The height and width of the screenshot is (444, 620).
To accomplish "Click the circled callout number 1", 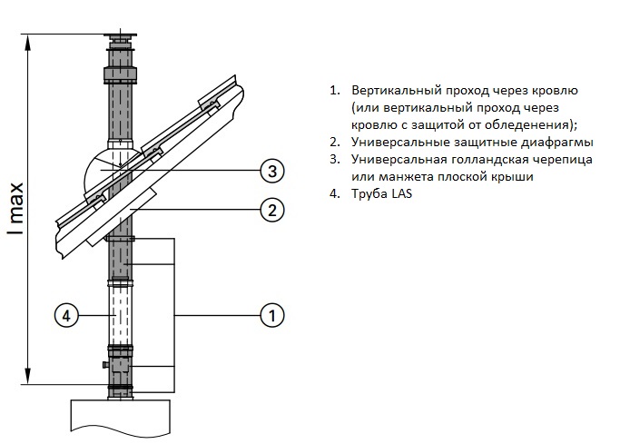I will pyautogui.click(x=271, y=315).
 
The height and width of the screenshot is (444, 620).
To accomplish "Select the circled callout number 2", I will pyautogui.click(x=271, y=211).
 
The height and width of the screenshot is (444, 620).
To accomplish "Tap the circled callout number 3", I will pyautogui.click(x=271, y=170).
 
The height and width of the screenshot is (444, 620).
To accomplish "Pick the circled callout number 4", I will pyautogui.click(x=64, y=315).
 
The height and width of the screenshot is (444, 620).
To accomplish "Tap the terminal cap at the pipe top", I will pyautogui.click(x=119, y=41).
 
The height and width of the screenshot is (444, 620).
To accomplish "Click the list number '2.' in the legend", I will pyautogui.click(x=335, y=143).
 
